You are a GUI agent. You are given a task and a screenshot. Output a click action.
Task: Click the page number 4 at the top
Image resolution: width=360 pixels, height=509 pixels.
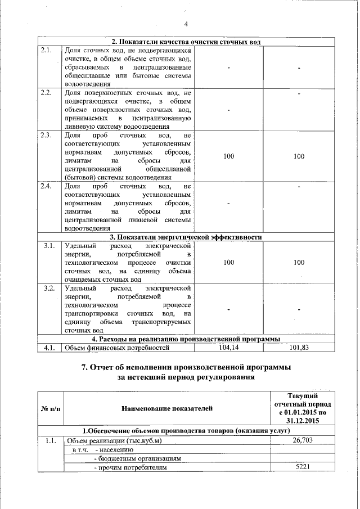(186, 23)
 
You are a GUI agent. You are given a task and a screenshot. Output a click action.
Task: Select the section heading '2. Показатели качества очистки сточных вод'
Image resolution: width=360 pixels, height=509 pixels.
(186, 42)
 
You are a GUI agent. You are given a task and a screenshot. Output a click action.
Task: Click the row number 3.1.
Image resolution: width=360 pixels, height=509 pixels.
(48, 246)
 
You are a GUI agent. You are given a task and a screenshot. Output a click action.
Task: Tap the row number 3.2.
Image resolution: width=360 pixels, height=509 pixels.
(48, 288)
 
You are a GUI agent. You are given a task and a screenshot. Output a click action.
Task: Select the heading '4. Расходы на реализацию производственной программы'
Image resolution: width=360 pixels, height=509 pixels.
(186, 339)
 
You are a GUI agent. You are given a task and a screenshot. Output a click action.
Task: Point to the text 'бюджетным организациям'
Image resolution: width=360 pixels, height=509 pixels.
(138, 458)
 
